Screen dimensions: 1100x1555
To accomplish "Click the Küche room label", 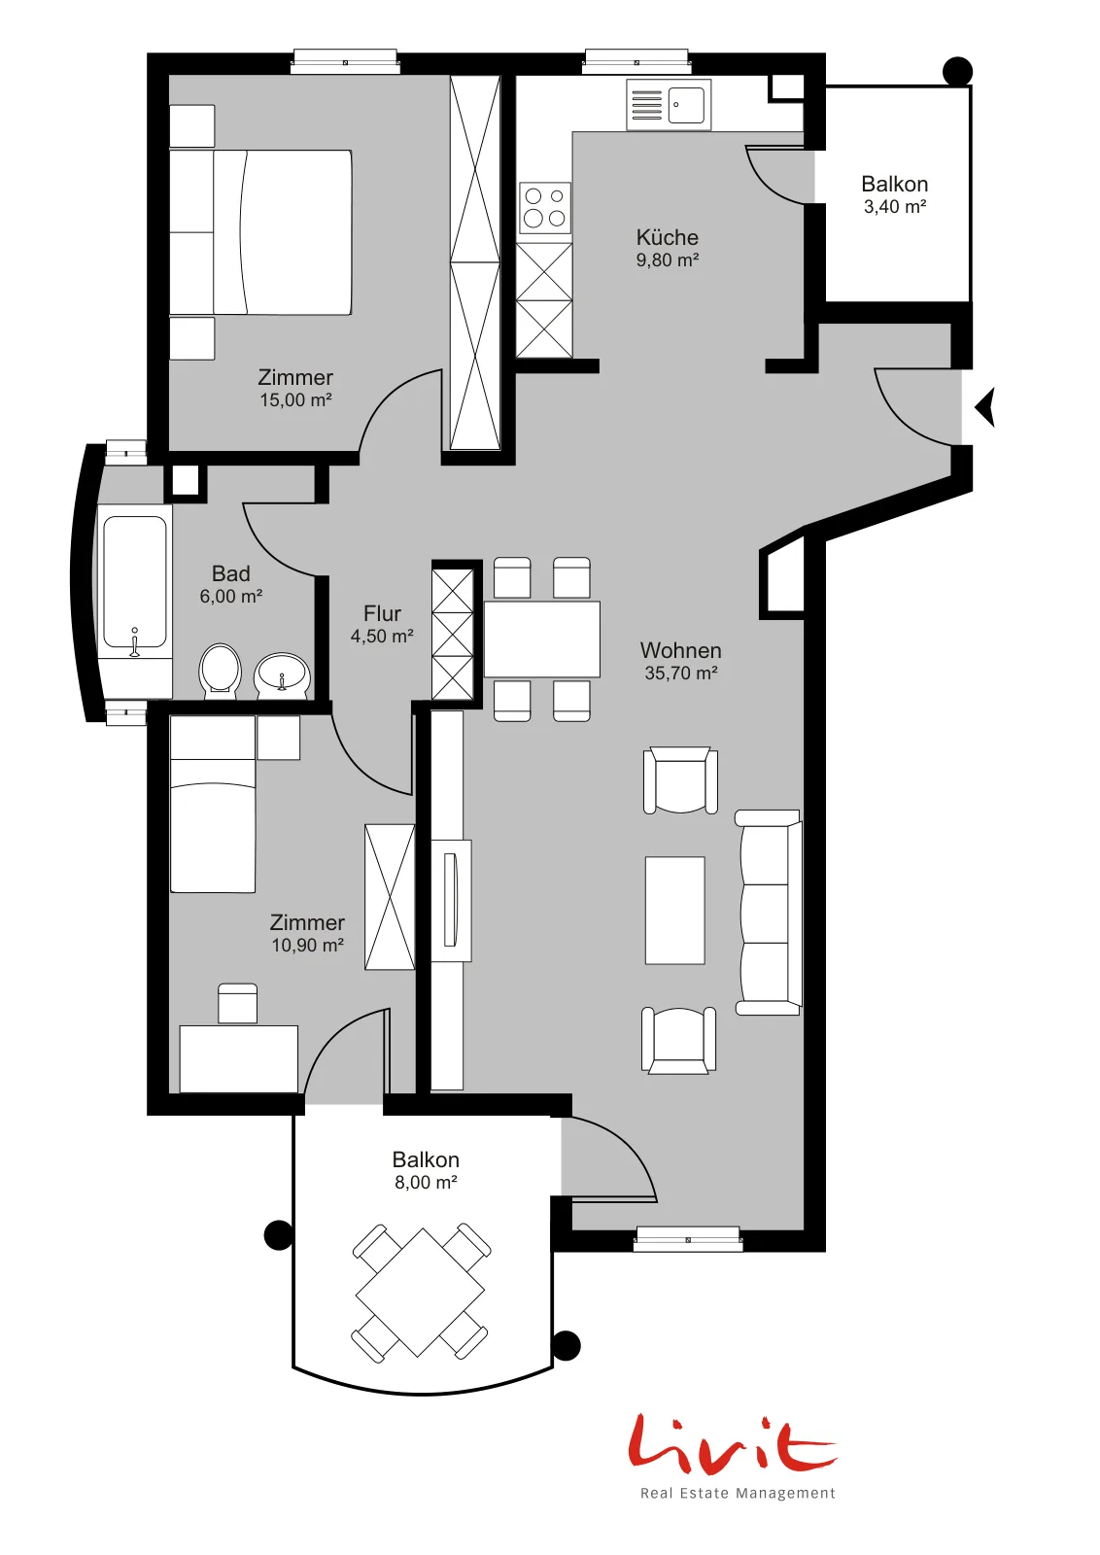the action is click(x=667, y=237).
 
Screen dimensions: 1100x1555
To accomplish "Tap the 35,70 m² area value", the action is click(x=681, y=673).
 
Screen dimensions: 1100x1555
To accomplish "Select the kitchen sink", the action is click(x=669, y=104).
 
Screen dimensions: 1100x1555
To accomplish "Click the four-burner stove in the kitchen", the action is click(x=545, y=208).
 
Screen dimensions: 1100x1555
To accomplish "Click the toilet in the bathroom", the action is click(x=220, y=670).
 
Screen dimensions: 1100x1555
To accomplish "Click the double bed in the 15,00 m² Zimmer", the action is click(x=261, y=232).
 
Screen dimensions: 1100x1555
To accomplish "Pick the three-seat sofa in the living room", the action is click(x=769, y=913).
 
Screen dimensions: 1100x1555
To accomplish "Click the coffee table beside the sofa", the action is click(x=674, y=910).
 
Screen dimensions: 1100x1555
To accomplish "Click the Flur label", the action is click(x=382, y=613).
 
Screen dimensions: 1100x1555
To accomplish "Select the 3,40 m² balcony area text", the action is click(x=895, y=206).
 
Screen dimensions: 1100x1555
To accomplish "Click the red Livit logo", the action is click(x=732, y=1442).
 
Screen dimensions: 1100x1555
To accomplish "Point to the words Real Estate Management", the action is click(x=738, y=1493).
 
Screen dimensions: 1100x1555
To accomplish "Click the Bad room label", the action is click(x=231, y=573).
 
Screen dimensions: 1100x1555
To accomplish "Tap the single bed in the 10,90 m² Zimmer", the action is click(x=213, y=804).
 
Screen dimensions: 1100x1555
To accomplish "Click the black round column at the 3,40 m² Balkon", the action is click(x=958, y=71).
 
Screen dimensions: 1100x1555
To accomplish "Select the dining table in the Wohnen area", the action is click(x=542, y=639).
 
